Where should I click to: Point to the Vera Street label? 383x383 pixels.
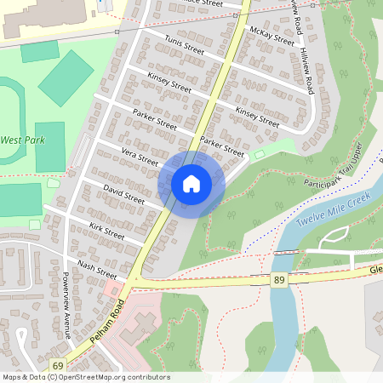coord(140,157)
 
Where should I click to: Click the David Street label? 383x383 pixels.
coord(124,192)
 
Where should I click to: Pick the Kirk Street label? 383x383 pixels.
coord(106,230)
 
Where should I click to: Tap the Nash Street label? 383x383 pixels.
coord(97,269)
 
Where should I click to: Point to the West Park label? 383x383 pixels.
coord(20,140)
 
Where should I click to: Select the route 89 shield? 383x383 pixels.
coord(278,280)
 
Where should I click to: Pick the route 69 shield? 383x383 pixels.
coord(57,365)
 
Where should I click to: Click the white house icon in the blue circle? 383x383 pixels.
coord(191,184)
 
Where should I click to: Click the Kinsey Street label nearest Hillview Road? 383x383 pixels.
coord(257,118)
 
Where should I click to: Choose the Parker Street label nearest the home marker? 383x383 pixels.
coord(222,146)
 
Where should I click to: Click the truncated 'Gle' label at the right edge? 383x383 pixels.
coord(375,270)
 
